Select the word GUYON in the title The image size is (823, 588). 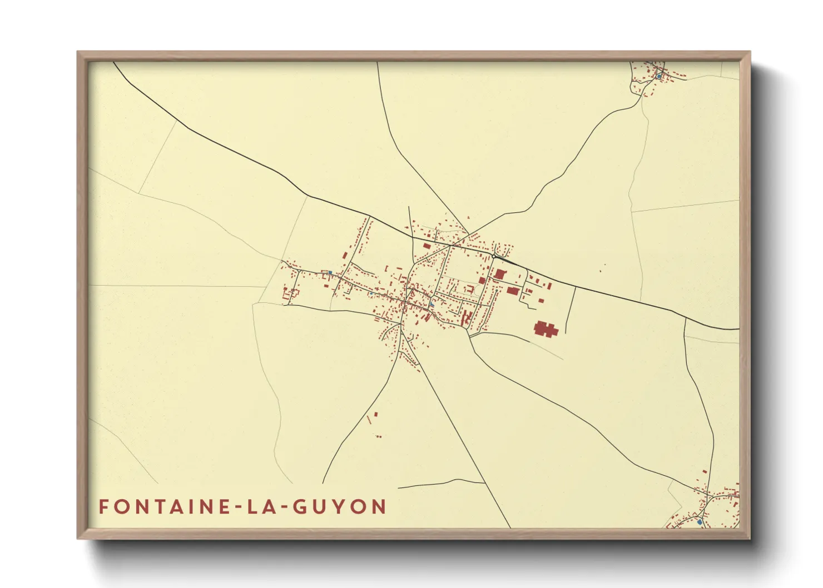(x=339, y=507)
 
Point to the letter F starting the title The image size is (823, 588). (x=103, y=507)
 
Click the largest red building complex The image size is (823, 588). (x=546, y=328)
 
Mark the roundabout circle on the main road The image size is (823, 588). (x=493, y=256)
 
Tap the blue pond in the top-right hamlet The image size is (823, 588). (x=659, y=76)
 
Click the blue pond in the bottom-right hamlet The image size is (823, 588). (x=700, y=522)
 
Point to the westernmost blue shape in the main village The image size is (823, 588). (x=330, y=272)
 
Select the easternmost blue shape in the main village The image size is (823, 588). (x=432, y=304)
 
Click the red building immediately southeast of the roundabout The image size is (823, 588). (x=500, y=273)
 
